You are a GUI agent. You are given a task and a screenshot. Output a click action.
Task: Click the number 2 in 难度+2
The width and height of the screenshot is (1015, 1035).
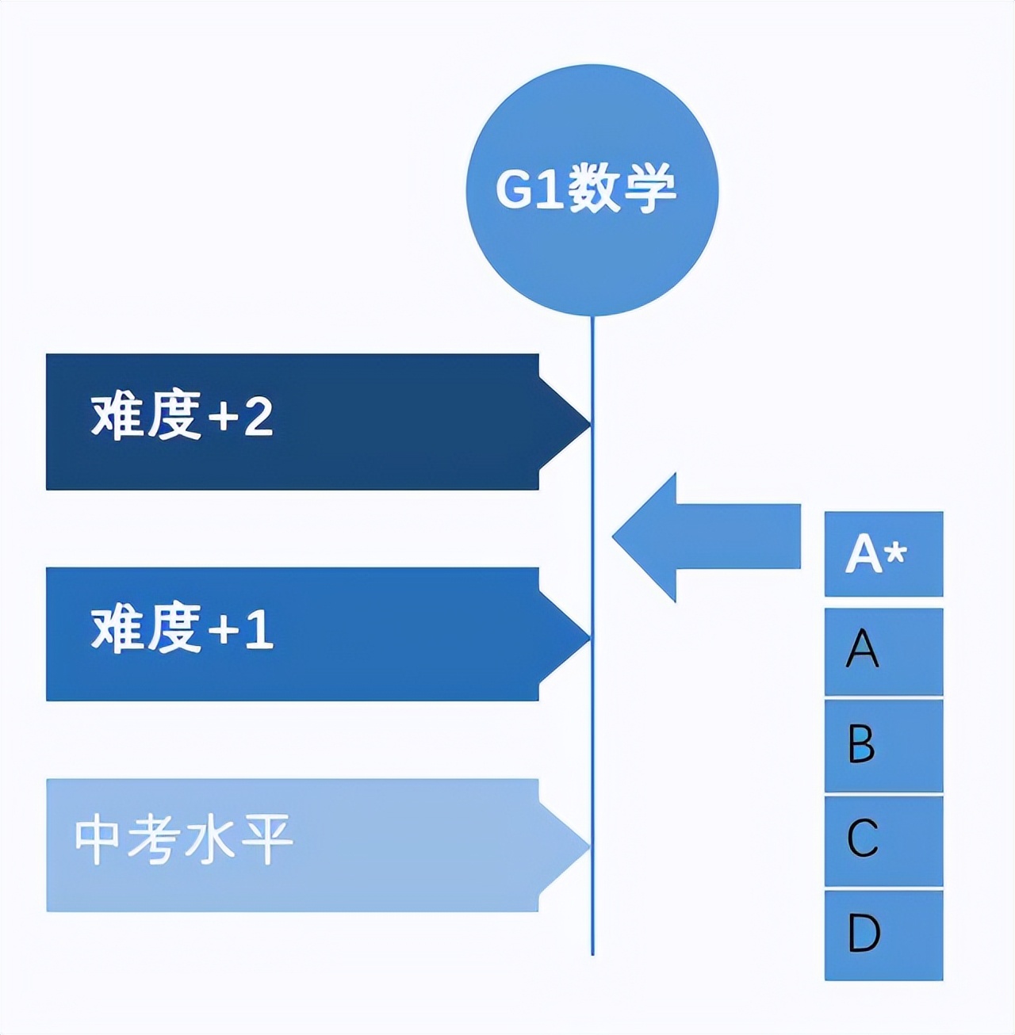pos(259,417)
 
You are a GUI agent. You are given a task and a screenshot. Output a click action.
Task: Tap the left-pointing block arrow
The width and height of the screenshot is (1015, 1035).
pos(698,537)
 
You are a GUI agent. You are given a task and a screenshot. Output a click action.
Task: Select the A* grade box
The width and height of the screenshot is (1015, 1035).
pos(883,553)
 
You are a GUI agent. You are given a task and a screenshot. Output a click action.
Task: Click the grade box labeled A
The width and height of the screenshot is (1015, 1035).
pos(883,651)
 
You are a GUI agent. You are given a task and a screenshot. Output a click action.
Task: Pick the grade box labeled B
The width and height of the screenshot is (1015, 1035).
pos(883,745)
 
